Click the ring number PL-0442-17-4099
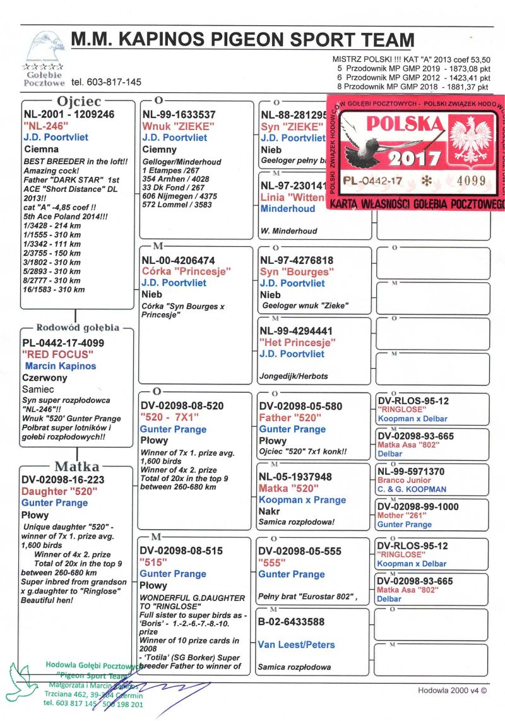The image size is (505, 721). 63,343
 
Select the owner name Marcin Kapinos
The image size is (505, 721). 61,366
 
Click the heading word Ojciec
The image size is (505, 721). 79,101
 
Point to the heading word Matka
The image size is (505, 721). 77,467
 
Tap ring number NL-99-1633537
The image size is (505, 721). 179,115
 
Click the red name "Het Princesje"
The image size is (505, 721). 297,342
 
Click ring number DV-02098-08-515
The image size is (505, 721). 181,551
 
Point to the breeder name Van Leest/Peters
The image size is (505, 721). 296,645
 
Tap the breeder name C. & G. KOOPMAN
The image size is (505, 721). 412,489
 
